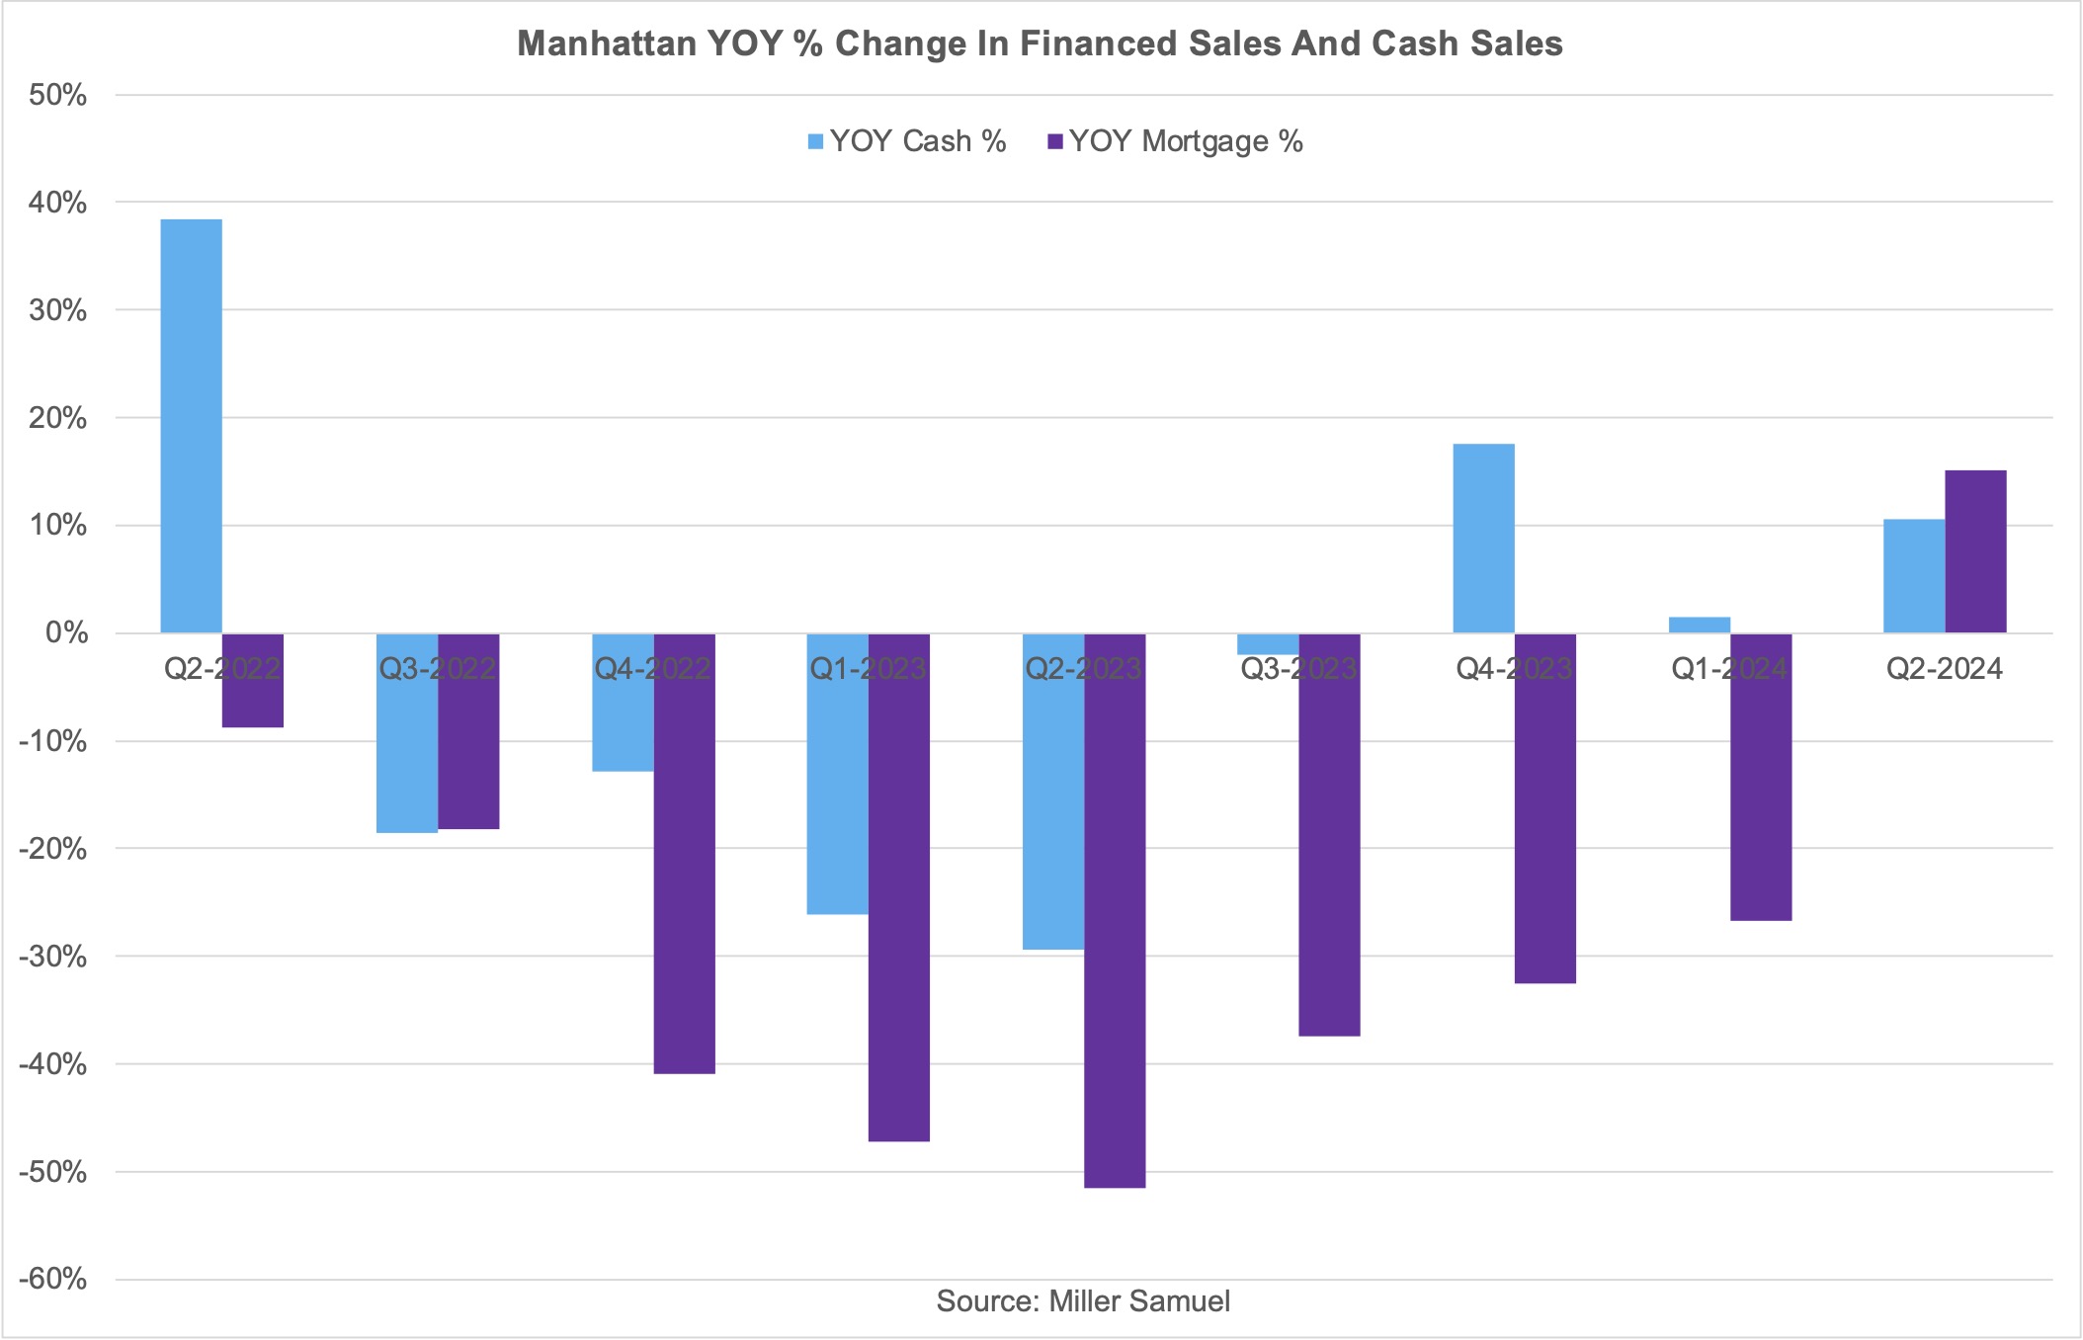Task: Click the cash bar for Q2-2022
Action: [191, 425]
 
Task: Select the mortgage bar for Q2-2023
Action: [1115, 909]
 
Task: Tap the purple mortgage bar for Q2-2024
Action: [1975, 551]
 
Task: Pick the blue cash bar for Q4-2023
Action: [1483, 539]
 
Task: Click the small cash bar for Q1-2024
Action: [1700, 625]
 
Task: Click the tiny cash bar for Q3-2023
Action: [1268, 643]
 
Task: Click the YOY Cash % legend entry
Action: [906, 141]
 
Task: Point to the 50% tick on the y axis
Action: [58, 95]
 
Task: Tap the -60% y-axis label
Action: [53, 1280]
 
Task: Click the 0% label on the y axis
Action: [66, 632]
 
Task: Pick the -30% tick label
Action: [53, 957]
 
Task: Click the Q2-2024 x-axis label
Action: [1944, 669]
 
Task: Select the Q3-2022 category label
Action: [437, 669]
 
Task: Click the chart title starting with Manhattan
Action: [1040, 43]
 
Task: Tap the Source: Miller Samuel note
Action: [1083, 1300]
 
